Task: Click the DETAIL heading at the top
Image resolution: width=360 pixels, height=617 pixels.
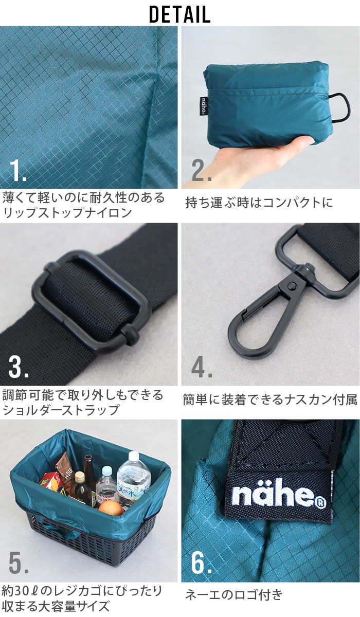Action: pos(180,14)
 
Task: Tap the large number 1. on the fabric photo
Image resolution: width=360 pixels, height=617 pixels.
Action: pos(19,171)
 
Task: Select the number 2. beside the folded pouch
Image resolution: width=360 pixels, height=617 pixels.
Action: pos(202,171)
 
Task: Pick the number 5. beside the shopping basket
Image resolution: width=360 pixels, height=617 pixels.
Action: pos(19,562)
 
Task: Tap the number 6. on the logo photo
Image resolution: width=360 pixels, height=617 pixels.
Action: pos(202,562)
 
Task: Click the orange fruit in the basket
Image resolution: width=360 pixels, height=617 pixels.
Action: pos(111,509)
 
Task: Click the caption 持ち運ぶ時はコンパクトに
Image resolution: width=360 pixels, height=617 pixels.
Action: pos(259,203)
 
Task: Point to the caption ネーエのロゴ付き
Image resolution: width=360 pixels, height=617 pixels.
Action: pos(234,595)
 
